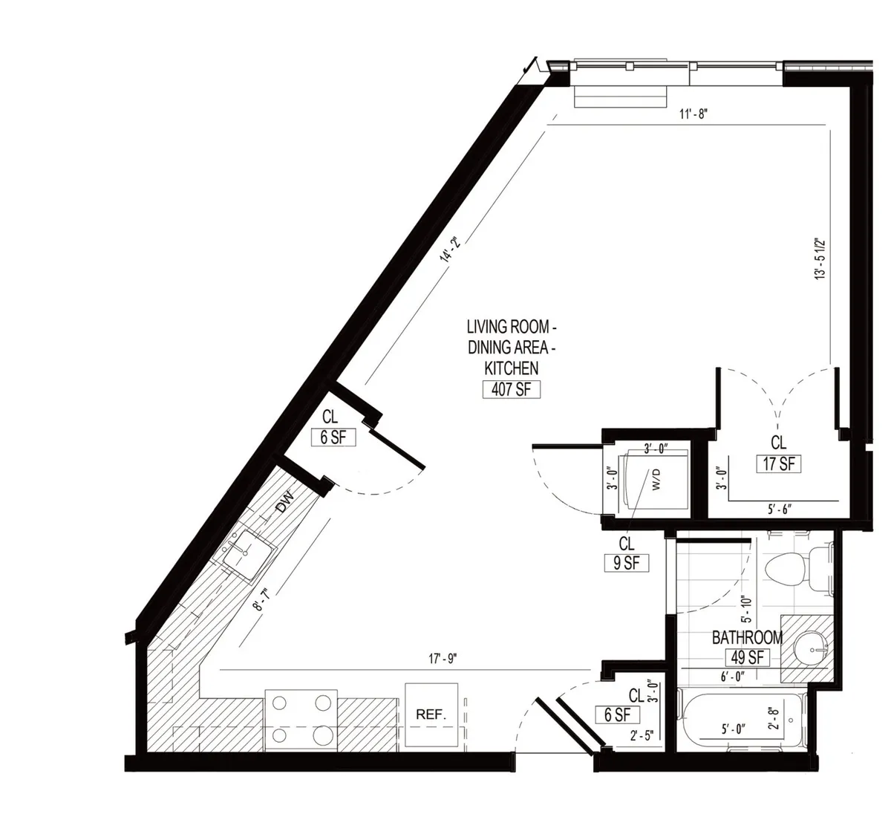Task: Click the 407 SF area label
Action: (511, 388)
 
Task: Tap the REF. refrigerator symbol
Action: (431, 714)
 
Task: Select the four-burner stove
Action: (300, 718)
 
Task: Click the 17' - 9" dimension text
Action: (443, 658)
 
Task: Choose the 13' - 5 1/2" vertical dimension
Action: (820, 258)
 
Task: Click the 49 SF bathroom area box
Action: (747, 657)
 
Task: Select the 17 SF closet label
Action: (777, 463)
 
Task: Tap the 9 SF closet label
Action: (626, 563)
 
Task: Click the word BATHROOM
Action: (747, 637)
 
